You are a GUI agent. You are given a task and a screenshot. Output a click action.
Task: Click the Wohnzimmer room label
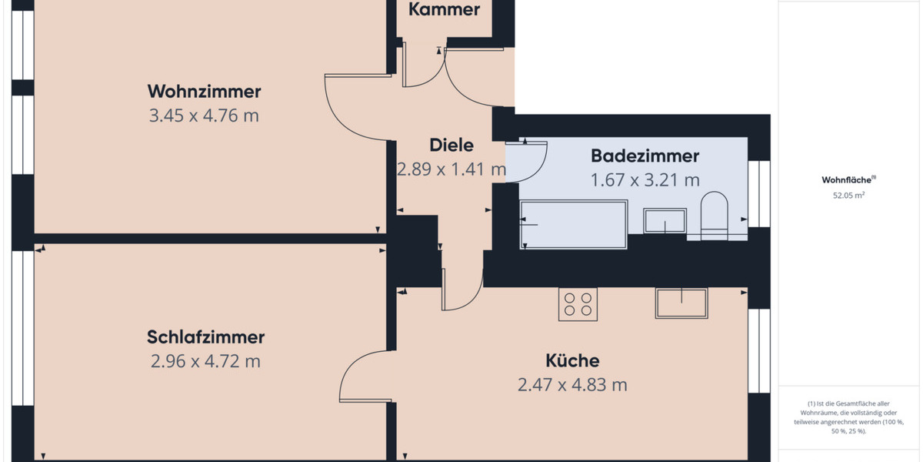204,92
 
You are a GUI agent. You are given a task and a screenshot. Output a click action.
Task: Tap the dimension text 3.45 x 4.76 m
204,116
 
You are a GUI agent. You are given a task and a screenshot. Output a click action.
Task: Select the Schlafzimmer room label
205,337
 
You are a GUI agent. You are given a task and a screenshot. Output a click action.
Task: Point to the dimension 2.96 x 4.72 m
205,361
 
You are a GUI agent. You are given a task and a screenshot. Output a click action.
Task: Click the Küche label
572,360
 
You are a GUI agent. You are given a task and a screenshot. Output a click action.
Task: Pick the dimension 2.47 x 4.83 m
572,385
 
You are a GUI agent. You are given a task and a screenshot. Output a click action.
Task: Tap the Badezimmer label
645,156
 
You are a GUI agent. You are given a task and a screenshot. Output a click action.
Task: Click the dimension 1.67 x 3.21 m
645,180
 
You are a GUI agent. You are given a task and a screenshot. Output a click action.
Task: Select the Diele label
451,145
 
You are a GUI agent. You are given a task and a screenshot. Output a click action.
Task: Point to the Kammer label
444,10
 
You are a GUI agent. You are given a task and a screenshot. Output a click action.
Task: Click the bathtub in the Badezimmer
574,224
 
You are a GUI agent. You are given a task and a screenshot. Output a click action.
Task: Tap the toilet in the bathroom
715,215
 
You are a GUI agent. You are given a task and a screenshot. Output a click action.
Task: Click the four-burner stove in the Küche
578,304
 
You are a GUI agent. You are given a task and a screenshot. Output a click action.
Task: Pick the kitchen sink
681,303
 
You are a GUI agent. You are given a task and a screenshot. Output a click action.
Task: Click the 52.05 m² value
848,196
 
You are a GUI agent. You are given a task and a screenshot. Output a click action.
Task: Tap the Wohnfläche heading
848,180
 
